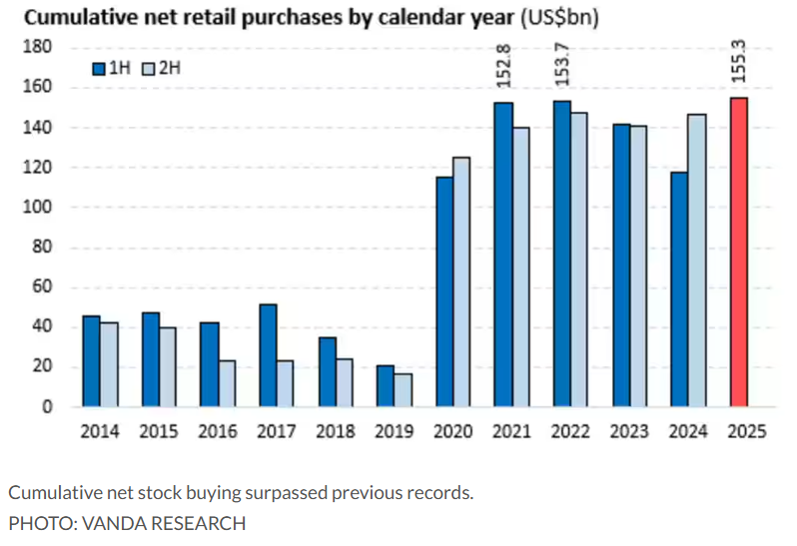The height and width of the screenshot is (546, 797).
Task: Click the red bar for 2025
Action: click(738, 252)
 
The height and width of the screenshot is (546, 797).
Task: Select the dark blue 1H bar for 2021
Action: click(503, 255)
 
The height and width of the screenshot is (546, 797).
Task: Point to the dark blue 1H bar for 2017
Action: click(268, 355)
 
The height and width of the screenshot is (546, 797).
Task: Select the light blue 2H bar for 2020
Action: click(461, 281)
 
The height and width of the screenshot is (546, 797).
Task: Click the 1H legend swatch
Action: click(99, 69)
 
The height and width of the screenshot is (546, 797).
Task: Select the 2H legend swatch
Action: click(148, 69)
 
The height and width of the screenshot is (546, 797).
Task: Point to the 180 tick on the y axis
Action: click(40, 48)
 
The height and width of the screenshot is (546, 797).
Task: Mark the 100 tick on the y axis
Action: click(40, 208)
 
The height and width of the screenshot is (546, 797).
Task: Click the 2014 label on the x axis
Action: click(100, 432)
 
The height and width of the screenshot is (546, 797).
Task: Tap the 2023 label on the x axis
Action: click(631, 432)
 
